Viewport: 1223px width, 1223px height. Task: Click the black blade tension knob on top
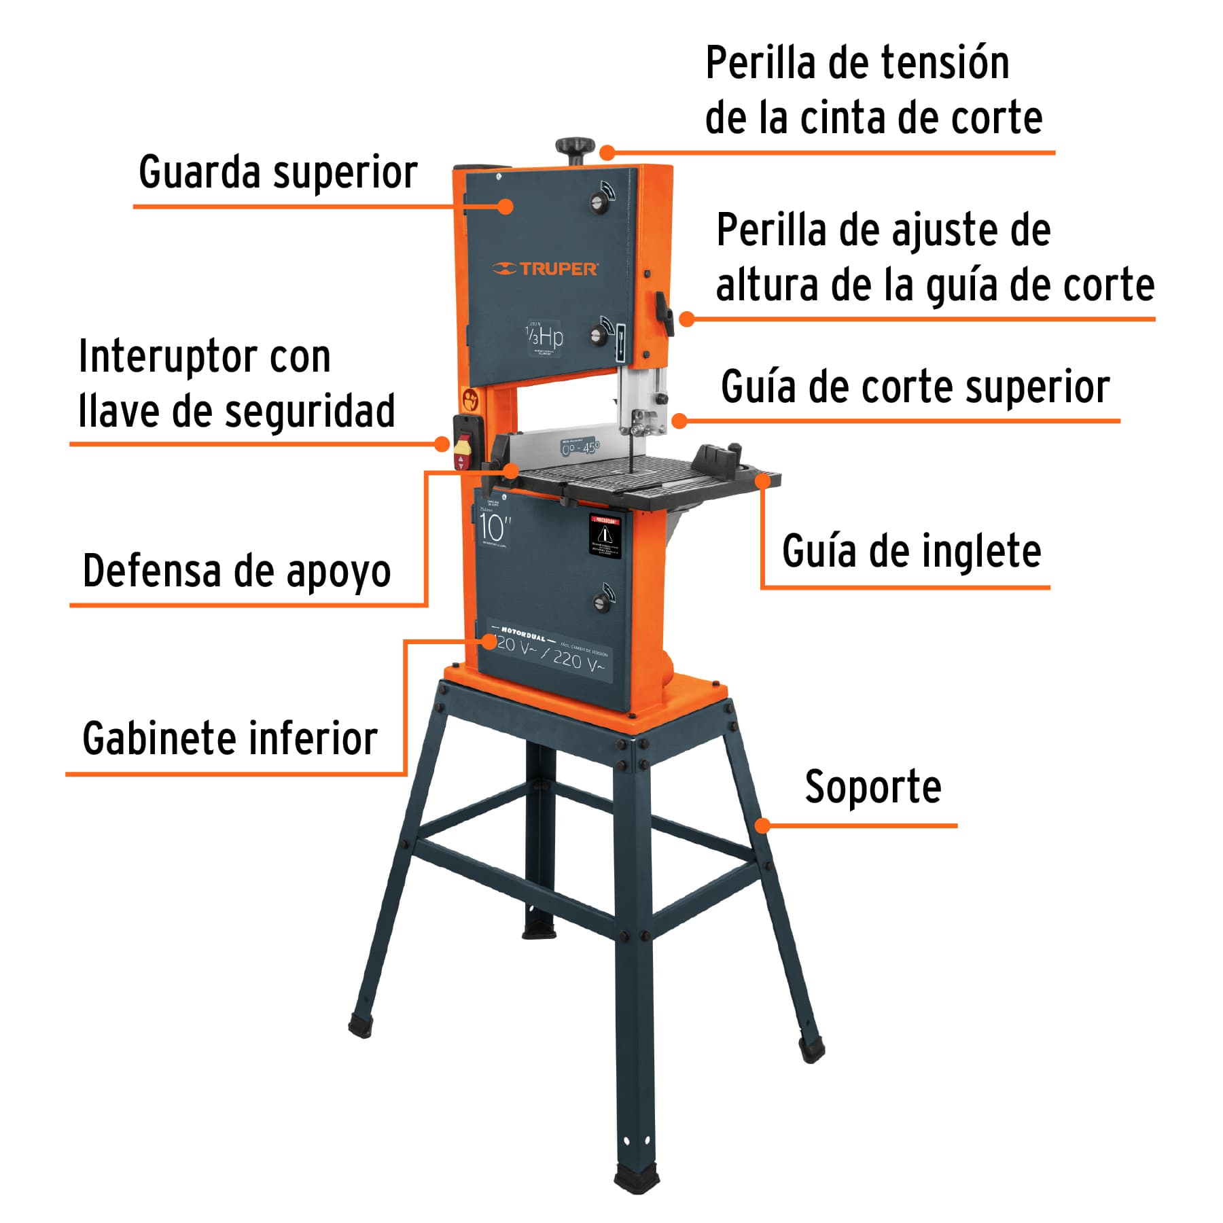tap(575, 147)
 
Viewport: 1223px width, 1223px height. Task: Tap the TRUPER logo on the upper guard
tap(545, 269)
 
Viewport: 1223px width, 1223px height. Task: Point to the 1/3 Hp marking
tap(544, 337)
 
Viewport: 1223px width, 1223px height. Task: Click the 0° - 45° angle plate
tap(580, 448)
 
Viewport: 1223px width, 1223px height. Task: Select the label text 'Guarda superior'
tap(277, 173)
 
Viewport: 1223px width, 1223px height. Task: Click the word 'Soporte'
tap(873, 787)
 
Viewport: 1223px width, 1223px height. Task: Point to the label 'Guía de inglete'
tap(911, 551)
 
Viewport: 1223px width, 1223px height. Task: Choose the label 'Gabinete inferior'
tap(230, 739)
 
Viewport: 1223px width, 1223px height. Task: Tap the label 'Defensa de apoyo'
tap(236, 571)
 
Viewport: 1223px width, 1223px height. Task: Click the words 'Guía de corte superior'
tap(915, 387)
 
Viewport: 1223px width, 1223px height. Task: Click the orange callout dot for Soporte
tap(763, 826)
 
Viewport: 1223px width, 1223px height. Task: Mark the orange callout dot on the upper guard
tap(505, 206)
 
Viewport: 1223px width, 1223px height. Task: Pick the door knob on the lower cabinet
tap(601, 600)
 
